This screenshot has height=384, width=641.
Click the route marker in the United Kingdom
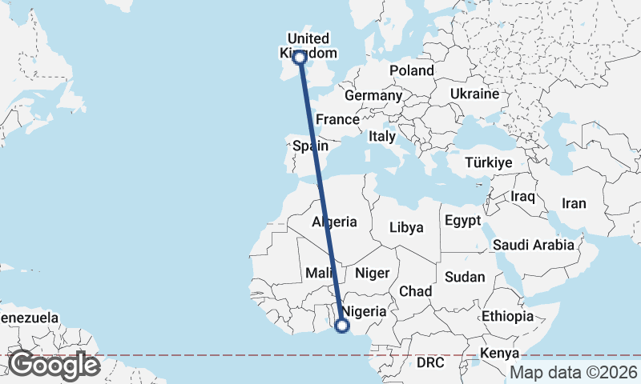click(300, 58)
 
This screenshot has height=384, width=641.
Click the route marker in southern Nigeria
click(342, 326)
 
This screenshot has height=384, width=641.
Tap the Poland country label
click(412, 70)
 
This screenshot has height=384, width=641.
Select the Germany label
click(373, 95)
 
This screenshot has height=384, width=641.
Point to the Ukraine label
click(474, 94)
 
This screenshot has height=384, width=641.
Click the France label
click(337, 119)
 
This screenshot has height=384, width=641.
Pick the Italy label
click(382, 137)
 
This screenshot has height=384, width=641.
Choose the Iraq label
click(522, 196)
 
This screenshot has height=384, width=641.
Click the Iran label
click(574, 203)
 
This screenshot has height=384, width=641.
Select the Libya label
click(406, 227)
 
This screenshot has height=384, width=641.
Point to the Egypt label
click(462, 220)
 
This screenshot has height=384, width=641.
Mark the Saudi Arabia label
click(534, 245)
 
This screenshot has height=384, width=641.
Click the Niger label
click(372, 273)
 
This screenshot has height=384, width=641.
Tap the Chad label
click(416, 290)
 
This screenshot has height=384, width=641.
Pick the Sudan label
click(466, 277)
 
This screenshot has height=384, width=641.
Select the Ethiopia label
click(507, 316)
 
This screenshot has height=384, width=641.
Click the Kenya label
click(500, 353)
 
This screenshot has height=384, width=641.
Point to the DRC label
click(430, 362)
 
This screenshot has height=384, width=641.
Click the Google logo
click(54, 365)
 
